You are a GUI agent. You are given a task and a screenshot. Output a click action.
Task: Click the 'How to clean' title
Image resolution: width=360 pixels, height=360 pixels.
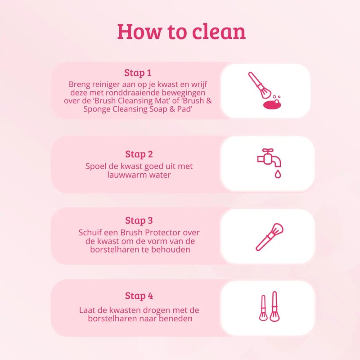pyautogui.click(x=181, y=31)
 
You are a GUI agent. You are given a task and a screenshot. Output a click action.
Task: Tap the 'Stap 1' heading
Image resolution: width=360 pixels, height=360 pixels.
pyautogui.click(x=138, y=73)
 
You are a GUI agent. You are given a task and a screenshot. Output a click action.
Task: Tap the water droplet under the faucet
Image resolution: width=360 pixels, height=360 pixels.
pyautogui.click(x=278, y=174)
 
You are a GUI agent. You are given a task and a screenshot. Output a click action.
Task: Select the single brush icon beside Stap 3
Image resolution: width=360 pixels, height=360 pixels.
pyautogui.click(x=269, y=237)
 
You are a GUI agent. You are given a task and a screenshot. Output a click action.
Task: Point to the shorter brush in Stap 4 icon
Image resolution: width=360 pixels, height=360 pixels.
pyautogui.click(x=263, y=308)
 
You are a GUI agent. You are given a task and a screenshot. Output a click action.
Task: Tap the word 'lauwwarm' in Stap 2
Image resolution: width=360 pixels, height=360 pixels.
pyautogui.click(x=124, y=175)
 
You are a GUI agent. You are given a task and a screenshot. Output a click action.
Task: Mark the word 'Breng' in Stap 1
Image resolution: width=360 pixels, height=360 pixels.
pyautogui.click(x=79, y=84)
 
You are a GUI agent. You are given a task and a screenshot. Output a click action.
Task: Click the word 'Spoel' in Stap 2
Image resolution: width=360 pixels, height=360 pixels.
pyautogui.click(x=96, y=166)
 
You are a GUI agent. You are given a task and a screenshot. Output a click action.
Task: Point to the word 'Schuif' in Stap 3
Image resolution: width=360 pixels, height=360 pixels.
pyautogui.click(x=91, y=233)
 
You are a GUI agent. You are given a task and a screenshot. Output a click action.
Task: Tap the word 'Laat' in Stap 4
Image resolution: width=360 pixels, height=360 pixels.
pyautogui.click(x=88, y=310)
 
